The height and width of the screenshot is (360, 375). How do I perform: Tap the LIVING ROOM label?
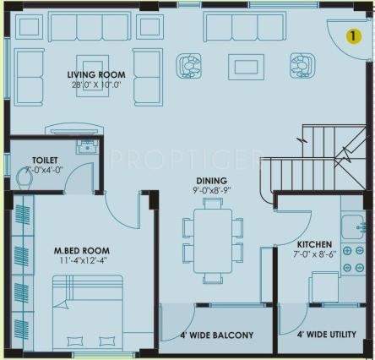point(95,74)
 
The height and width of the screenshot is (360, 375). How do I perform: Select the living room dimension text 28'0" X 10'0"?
point(95,85)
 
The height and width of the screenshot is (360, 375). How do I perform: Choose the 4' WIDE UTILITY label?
point(326,335)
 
